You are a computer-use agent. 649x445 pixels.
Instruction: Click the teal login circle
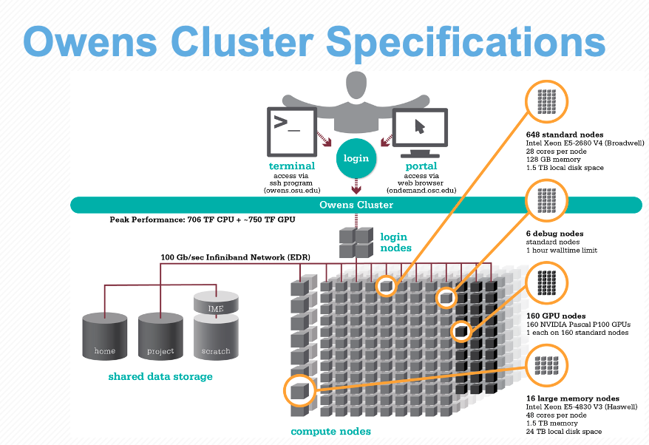coord(356,158)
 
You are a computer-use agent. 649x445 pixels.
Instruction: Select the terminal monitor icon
coord(292,132)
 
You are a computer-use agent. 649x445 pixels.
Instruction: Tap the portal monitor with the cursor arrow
coord(420,132)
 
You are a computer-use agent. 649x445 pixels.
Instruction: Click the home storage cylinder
coord(105,336)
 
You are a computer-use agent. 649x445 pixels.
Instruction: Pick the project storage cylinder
coord(160,336)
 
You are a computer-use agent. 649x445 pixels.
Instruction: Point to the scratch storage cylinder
coord(216,337)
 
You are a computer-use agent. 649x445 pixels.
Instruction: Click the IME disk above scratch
coord(216,302)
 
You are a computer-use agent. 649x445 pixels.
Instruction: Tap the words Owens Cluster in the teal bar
coord(356,205)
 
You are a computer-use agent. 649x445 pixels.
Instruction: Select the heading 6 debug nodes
coord(554,234)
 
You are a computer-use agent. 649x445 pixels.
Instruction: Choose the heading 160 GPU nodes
coord(556,316)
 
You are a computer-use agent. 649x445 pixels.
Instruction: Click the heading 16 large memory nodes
coord(573,398)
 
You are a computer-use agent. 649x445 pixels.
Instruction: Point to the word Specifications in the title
coord(466,43)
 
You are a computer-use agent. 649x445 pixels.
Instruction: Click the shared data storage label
coord(160,376)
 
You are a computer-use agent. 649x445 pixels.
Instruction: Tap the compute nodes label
coord(330,432)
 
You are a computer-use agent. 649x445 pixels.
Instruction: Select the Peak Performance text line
coord(203,220)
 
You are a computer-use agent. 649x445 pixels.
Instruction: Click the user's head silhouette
coord(356,84)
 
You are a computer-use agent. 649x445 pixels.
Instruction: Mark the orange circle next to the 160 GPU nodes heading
coord(546,283)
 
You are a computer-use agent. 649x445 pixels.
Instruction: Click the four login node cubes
coord(356,242)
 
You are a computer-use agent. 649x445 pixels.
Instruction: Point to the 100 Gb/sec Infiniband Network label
coord(236,257)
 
